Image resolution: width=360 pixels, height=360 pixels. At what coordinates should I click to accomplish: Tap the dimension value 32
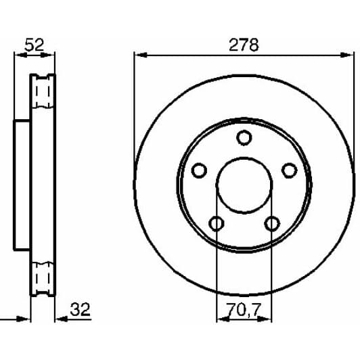[x=79, y=311]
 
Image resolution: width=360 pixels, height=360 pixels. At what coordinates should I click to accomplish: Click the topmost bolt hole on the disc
[x=244, y=137]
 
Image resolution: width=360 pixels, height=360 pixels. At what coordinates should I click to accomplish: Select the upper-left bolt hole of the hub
[x=198, y=170]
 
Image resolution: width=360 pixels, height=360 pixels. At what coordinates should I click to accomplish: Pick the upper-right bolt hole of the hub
[x=289, y=170]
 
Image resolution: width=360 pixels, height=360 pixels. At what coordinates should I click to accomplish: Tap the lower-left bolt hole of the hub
[x=216, y=223]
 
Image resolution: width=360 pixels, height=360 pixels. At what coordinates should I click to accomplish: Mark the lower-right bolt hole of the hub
[x=272, y=223]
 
